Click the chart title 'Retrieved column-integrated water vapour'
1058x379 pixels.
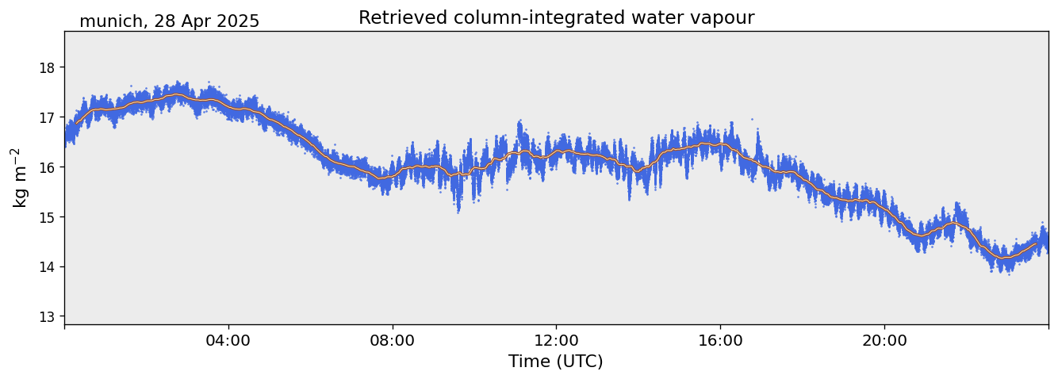click(556, 18)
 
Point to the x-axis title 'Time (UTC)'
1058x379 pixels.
click(555, 362)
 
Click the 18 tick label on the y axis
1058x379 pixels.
click(47, 67)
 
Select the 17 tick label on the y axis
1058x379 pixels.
click(47, 117)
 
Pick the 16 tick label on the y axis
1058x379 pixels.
click(47, 167)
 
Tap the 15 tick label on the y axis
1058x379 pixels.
click(47, 217)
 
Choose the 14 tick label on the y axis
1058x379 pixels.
click(47, 267)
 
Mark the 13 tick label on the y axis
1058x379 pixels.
click(47, 317)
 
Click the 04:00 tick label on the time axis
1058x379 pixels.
click(228, 341)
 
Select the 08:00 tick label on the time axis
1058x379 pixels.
click(393, 341)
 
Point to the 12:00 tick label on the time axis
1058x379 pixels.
click(556, 341)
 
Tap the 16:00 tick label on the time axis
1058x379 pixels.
click(720, 341)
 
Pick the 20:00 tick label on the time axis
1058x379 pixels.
click(884, 341)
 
